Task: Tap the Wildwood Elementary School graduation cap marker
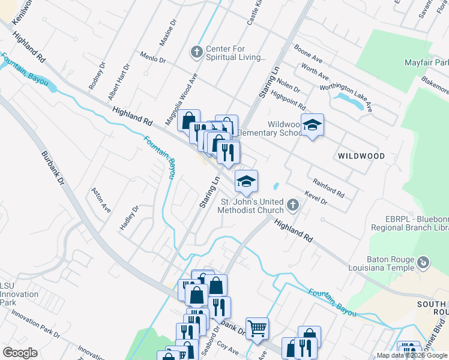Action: tap(312, 125)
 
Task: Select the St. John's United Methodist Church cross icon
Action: tap(292, 206)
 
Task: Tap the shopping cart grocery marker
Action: tap(257, 328)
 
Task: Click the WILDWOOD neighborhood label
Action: tap(361, 155)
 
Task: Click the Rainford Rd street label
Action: tap(328, 187)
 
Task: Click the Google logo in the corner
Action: tap(20, 353)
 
